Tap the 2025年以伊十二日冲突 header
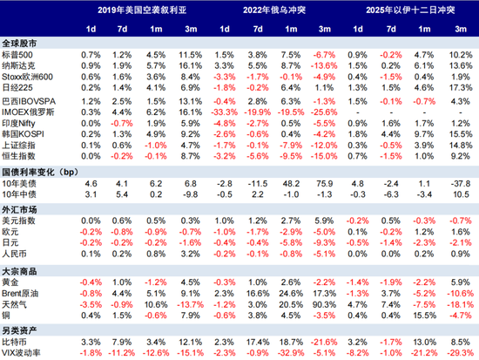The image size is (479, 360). pos(408,10)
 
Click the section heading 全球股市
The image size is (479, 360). pos(20,43)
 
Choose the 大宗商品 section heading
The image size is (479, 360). pos(20,271)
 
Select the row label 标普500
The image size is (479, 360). pos(21,54)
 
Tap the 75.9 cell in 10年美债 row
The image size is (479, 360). pos(323,185)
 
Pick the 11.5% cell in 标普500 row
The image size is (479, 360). pos(190,54)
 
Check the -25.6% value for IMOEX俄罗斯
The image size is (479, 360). pos(323,112)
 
